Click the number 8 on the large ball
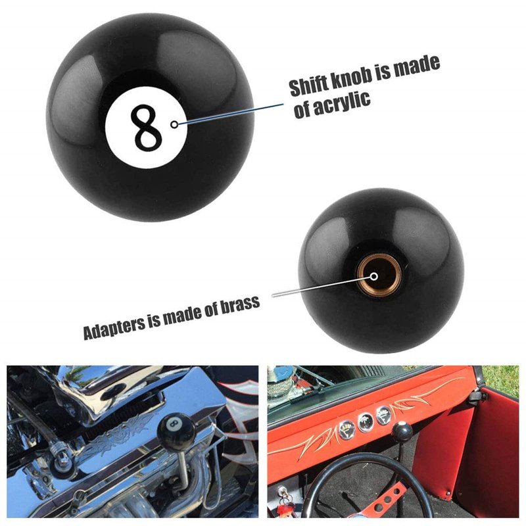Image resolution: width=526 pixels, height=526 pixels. point(146,127)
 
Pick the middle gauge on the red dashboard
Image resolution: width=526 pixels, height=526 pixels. point(366,422)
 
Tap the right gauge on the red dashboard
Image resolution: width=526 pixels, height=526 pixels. point(384,416)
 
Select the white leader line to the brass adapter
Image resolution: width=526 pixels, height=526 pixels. point(323,285)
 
